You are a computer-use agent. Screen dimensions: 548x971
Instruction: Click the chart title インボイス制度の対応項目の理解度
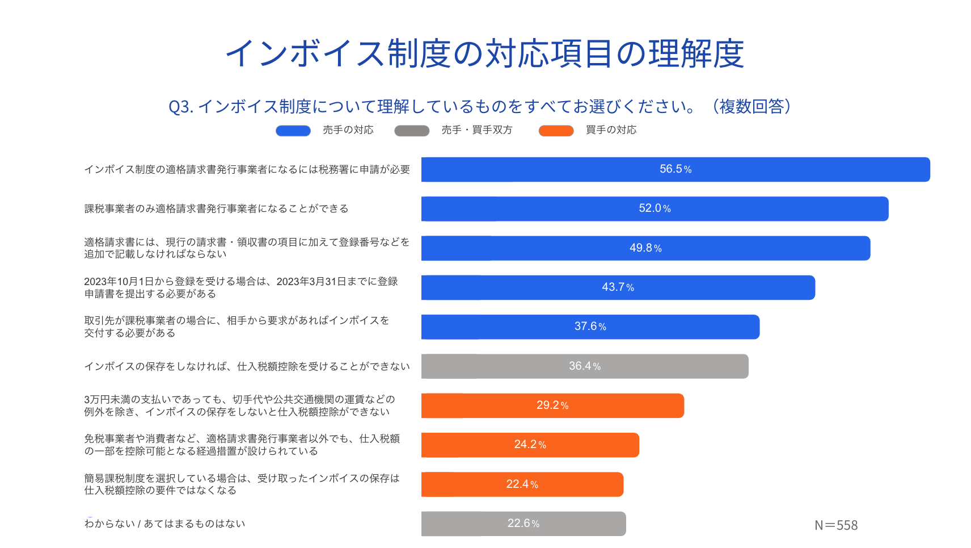(485, 54)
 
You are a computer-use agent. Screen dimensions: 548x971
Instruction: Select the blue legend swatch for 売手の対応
(293, 131)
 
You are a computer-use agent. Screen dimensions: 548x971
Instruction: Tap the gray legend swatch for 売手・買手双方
(412, 131)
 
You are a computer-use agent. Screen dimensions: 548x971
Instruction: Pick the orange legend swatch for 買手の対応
(556, 131)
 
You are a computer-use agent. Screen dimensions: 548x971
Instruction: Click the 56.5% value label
(675, 169)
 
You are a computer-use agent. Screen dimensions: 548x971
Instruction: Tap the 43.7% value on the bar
(618, 287)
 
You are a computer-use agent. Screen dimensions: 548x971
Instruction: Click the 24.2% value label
(530, 445)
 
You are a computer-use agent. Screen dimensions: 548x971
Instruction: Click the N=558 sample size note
(836, 525)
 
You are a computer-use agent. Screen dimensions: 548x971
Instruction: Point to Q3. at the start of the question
(180, 107)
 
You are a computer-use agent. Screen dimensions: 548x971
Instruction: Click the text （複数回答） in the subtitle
(751, 106)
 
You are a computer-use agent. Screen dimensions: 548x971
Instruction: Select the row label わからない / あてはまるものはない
(164, 524)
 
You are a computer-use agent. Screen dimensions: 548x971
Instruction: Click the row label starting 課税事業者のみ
(216, 208)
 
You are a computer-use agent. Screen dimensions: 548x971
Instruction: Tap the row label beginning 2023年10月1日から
(240, 287)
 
